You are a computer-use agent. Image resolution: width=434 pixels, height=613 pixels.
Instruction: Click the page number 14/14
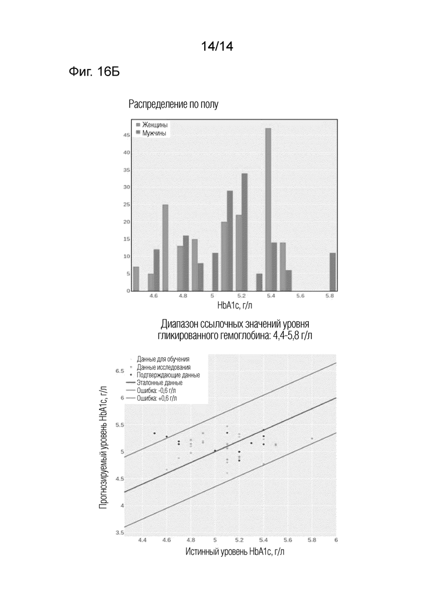pyautogui.click(x=217, y=47)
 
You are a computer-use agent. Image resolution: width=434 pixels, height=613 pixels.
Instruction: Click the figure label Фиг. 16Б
pyautogui.click(x=95, y=72)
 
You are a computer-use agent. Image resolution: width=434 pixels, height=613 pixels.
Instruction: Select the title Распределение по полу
pyautogui.click(x=174, y=104)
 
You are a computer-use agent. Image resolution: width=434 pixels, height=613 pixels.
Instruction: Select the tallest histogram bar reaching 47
pyautogui.click(x=268, y=210)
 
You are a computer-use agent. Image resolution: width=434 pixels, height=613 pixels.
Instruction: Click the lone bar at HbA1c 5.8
pyautogui.click(x=333, y=272)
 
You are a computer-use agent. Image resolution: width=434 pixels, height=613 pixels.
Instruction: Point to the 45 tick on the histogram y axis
pyautogui.click(x=126, y=135)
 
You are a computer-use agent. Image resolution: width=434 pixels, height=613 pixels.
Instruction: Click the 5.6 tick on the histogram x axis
pyautogui.click(x=300, y=296)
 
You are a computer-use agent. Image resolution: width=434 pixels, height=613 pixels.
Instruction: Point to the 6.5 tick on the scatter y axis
pyautogui.click(x=120, y=371)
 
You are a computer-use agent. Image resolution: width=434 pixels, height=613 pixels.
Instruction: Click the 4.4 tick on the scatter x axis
pyautogui.click(x=142, y=540)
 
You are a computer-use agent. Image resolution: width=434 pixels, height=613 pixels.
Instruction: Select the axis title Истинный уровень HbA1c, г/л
pyautogui.click(x=235, y=552)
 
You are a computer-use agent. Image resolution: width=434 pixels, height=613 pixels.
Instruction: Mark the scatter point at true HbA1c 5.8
pyautogui.click(x=312, y=438)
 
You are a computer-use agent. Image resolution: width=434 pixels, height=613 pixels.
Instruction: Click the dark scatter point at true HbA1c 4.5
pyautogui.click(x=155, y=433)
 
